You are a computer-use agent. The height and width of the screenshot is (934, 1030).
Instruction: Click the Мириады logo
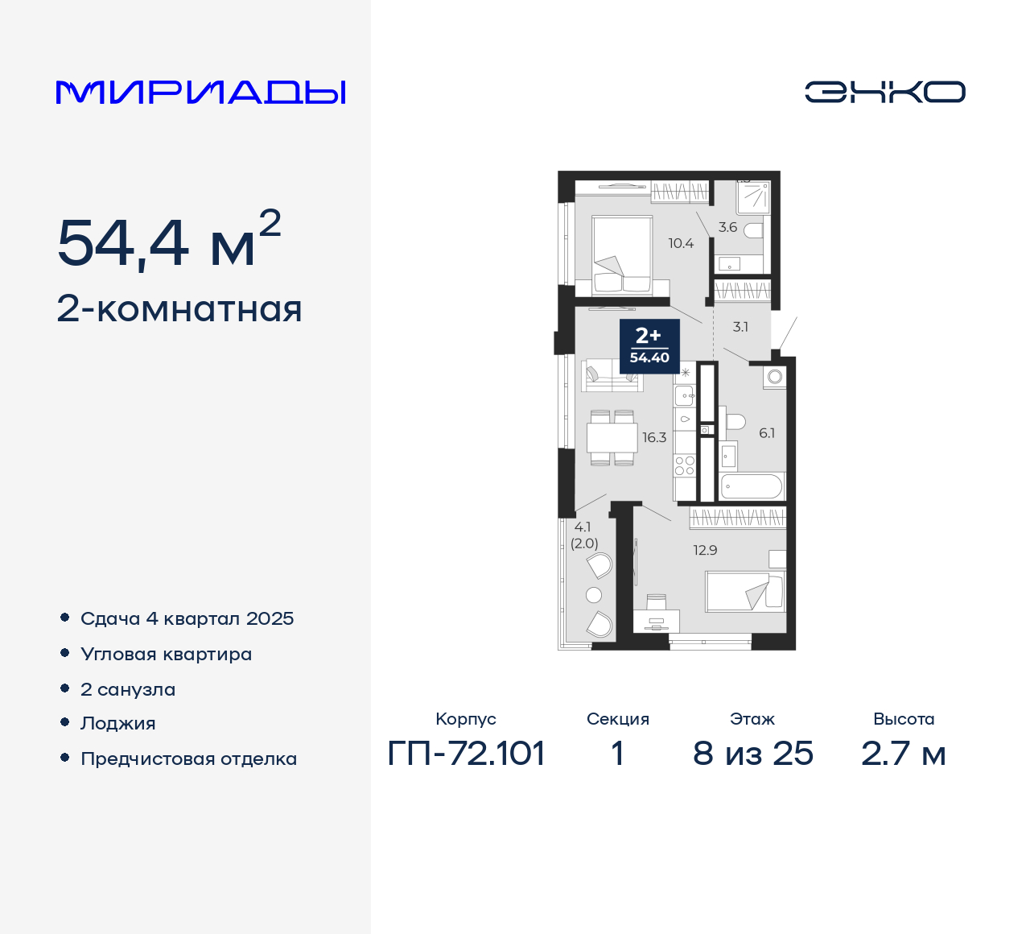click(201, 93)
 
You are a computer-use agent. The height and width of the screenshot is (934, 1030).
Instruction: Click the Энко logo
click(884, 92)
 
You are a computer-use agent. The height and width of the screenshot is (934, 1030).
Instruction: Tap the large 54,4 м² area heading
click(169, 242)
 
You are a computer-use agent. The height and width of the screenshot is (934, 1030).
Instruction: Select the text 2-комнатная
click(179, 310)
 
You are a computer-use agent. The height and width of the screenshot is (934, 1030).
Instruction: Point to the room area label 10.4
click(681, 243)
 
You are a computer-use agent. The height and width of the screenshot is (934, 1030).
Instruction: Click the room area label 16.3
click(654, 438)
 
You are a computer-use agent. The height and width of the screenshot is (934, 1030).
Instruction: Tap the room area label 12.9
click(705, 551)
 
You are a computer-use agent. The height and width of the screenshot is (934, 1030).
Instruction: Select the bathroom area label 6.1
click(767, 433)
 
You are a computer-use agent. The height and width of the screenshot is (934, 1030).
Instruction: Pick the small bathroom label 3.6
click(727, 227)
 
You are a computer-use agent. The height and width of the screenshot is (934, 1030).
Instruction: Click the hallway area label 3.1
click(740, 327)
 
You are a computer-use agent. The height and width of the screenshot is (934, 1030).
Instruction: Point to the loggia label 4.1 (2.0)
click(584, 535)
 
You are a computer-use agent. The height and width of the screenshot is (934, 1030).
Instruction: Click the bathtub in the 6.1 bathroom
click(752, 486)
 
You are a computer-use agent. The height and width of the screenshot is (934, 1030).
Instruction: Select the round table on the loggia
click(594, 595)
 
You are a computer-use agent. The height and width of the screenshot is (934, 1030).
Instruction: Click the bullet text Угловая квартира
click(167, 655)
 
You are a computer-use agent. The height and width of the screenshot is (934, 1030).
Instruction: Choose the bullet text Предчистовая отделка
click(189, 759)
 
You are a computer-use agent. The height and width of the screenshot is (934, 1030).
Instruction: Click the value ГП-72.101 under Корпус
click(467, 754)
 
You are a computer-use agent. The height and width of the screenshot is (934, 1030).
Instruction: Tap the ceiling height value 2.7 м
click(903, 754)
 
